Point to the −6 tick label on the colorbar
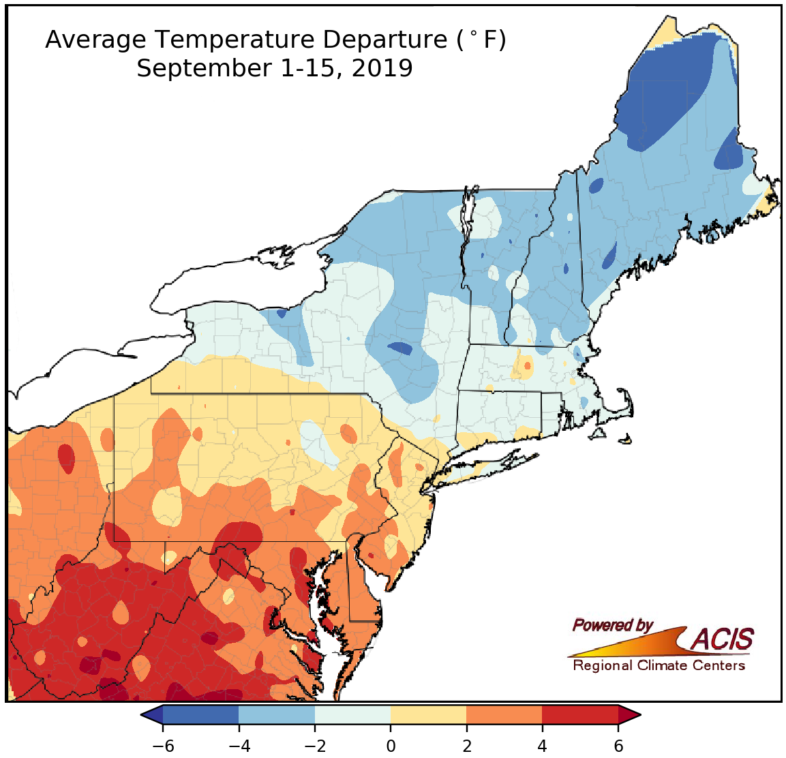pos(163,746)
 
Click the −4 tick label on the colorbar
pos(239,746)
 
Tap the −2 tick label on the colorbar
pos(314,746)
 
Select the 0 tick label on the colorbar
pos(391,746)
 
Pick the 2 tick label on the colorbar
pos(466,746)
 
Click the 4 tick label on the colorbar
pos(542,746)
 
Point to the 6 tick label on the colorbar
pos(618,746)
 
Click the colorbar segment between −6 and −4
pos(201,714)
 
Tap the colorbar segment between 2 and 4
pos(504,714)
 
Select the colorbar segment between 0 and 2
pos(429,714)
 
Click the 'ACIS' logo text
pos(723,639)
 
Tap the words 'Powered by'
pos(612,624)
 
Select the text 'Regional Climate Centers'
pos(659,665)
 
